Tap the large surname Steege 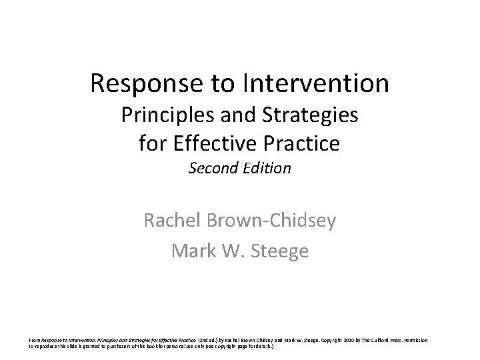point(281,251)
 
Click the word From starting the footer point(34,341)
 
